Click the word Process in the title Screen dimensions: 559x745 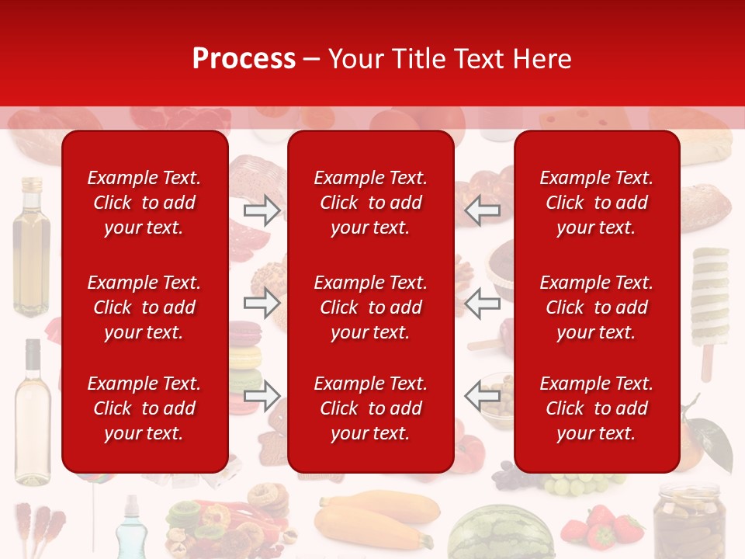(244, 58)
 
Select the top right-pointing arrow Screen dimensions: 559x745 (262, 210)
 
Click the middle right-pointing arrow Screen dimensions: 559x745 (262, 303)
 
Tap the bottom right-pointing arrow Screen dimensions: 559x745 (262, 396)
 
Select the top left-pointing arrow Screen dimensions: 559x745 (482, 210)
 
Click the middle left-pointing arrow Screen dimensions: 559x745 (482, 303)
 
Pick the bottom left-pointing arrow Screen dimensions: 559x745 (482, 396)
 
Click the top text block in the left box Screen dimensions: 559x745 (144, 203)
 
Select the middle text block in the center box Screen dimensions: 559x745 (370, 307)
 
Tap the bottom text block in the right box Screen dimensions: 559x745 (596, 408)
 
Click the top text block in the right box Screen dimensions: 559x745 (596, 203)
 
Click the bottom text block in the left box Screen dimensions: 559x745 (144, 408)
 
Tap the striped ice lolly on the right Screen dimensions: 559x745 (710, 303)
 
